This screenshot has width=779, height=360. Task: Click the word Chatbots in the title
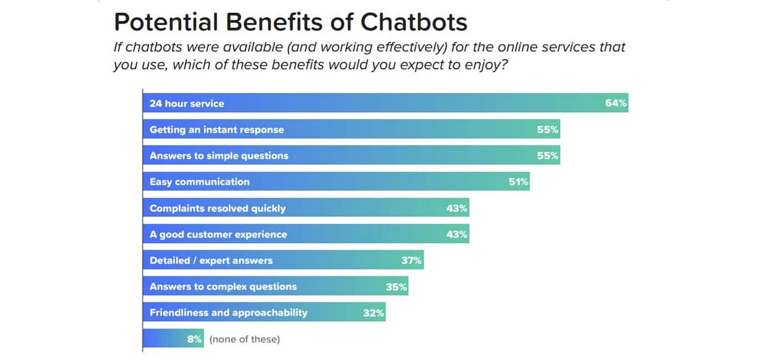point(413,22)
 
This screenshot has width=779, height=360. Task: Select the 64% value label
point(616,103)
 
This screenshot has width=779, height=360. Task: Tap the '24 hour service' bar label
point(186,103)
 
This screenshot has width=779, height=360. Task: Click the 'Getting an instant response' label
point(216,130)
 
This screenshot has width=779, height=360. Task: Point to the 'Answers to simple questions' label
point(219,156)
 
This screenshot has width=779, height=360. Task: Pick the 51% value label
point(519,182)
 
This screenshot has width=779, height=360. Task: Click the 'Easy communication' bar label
point(199,182)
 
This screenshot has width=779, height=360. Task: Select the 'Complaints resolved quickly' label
point(217,209)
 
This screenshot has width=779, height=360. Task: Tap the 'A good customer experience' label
point(218,235)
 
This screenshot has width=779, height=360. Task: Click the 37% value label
point(412,260)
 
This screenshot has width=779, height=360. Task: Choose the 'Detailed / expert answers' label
point(211,260)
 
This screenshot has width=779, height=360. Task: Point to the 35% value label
point(396,287)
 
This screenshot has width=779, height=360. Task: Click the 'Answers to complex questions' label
point(223,287)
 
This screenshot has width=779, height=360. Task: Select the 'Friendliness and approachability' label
point(228,313)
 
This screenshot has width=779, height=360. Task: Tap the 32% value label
point(373,313)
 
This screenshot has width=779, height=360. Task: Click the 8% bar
point(173,339)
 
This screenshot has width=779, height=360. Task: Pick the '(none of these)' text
point(244,339)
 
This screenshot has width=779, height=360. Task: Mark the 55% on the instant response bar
point(548,130)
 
